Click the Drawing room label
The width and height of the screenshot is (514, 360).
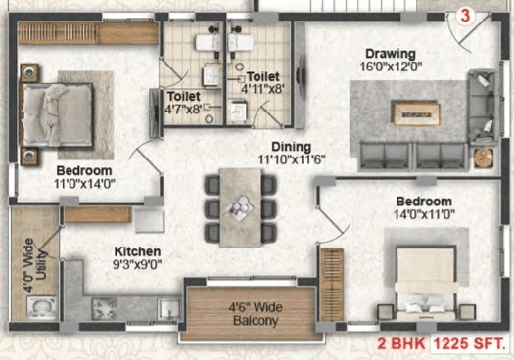pos(391,53)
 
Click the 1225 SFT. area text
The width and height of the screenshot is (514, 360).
pos(474,345)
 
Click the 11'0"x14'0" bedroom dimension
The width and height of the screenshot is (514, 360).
pos(84,183)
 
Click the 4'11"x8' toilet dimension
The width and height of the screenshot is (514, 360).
pos(262,90)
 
